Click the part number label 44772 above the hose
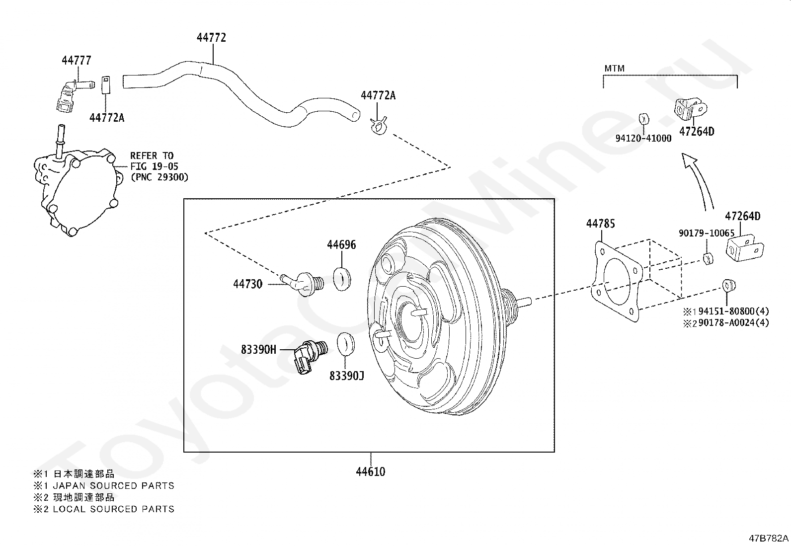211,38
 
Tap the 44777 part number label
77,61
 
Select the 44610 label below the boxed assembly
370,471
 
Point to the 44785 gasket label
600,224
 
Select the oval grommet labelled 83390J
346,344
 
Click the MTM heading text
615,69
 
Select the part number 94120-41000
643,139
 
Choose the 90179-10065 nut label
707,233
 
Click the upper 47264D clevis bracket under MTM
690,109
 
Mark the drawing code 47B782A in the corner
769,538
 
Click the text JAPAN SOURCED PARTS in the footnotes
113,485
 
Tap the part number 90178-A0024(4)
733,322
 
